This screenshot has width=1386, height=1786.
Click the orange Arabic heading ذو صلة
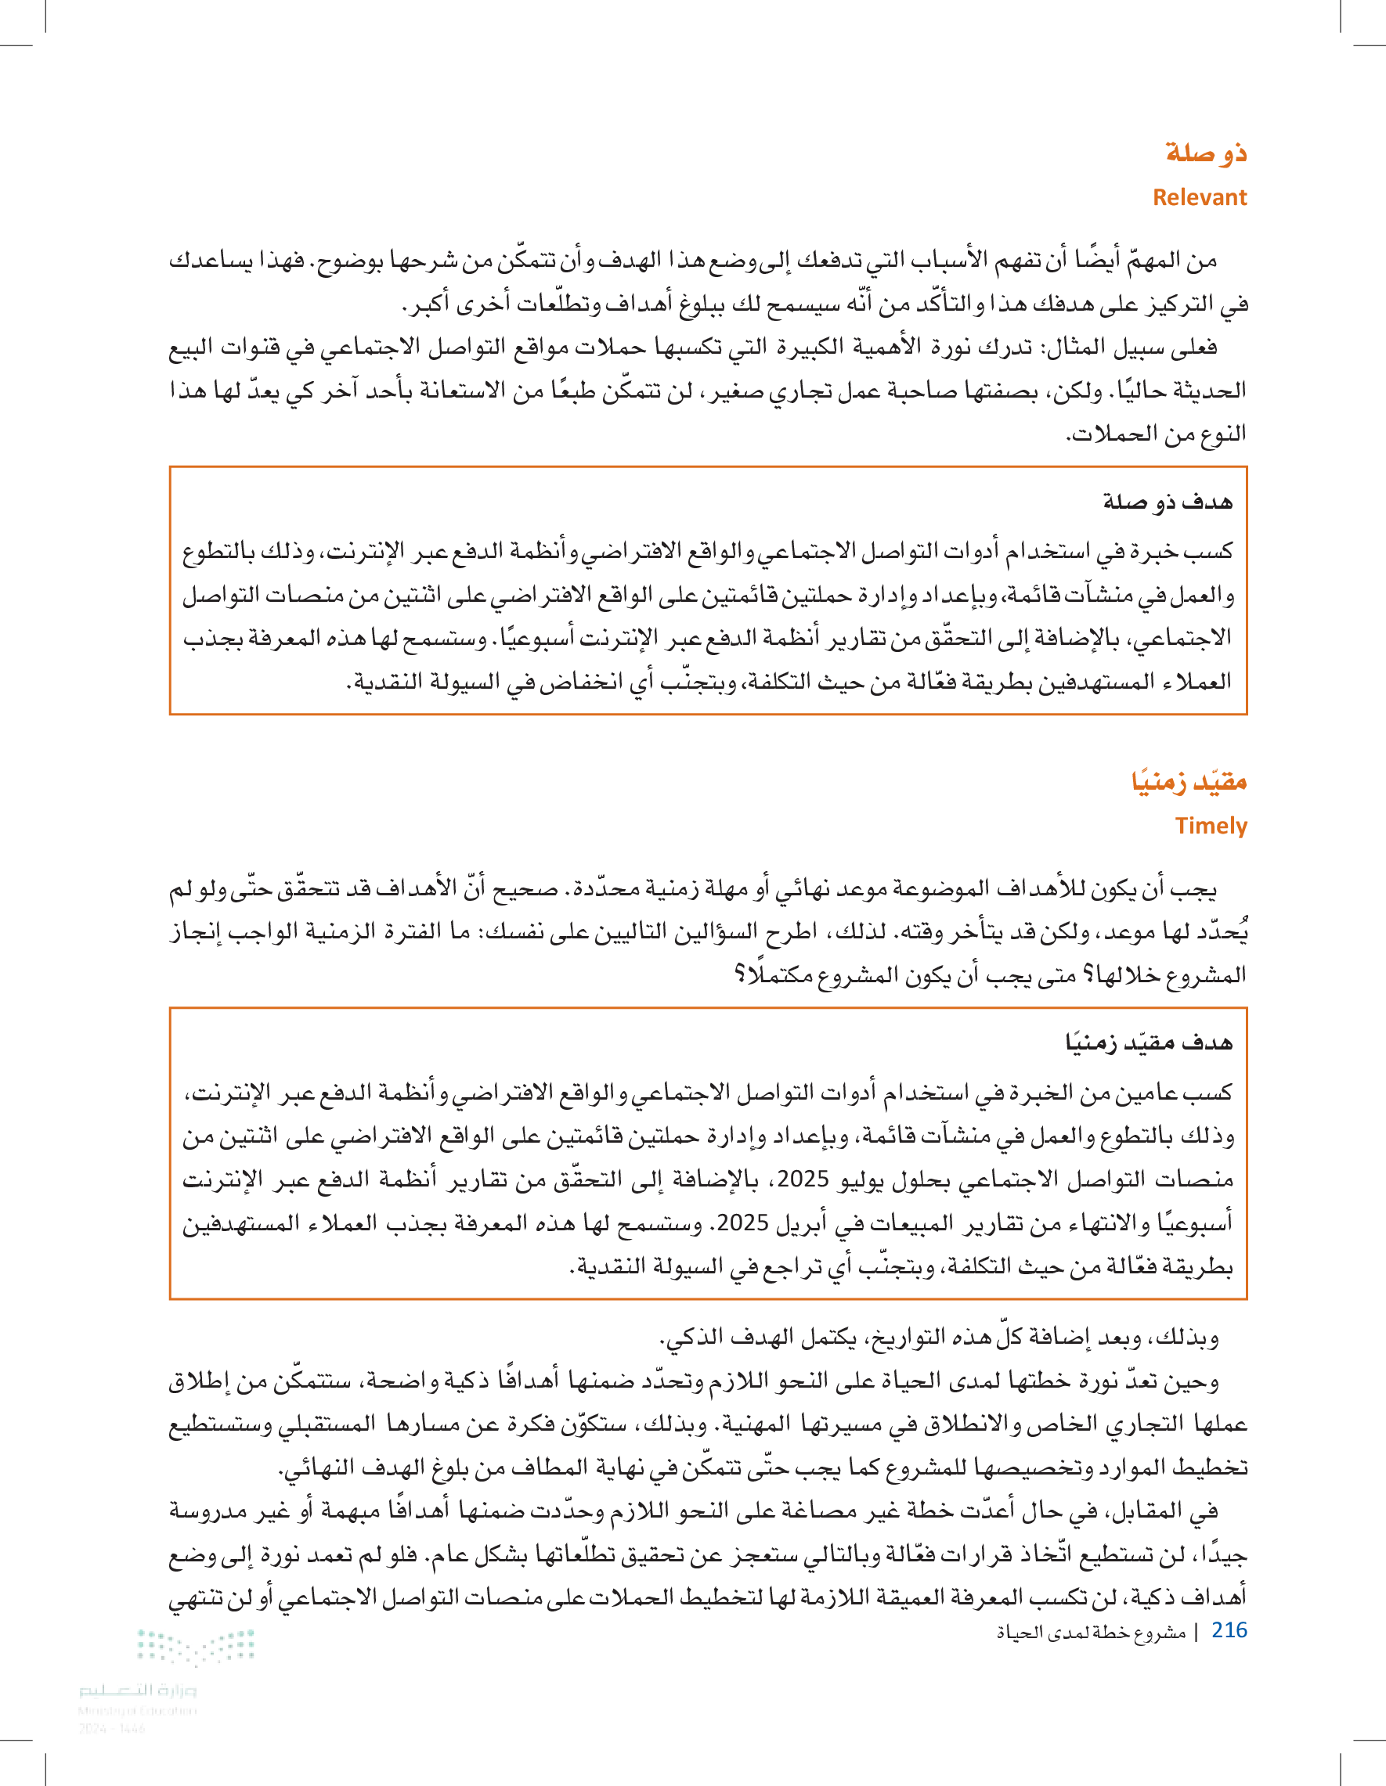coord(1206,153)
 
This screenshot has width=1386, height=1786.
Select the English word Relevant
coord(1200,197)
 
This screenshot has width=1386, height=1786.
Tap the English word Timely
coord(1211,825)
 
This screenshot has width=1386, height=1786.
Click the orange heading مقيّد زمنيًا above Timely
coord(1189,781)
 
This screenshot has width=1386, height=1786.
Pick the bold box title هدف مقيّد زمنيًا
coord(1149,1042)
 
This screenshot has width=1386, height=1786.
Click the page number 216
coord(1229,1629)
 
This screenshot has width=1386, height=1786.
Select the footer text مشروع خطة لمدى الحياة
coord(1091,1633)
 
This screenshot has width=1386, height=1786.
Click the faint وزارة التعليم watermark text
coord(138,1690)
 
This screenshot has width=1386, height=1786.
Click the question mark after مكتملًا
coord(740,974)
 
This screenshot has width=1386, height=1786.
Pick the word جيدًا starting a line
coord(1225,1554)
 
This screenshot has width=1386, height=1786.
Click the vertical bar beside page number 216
coord(1197,1633)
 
